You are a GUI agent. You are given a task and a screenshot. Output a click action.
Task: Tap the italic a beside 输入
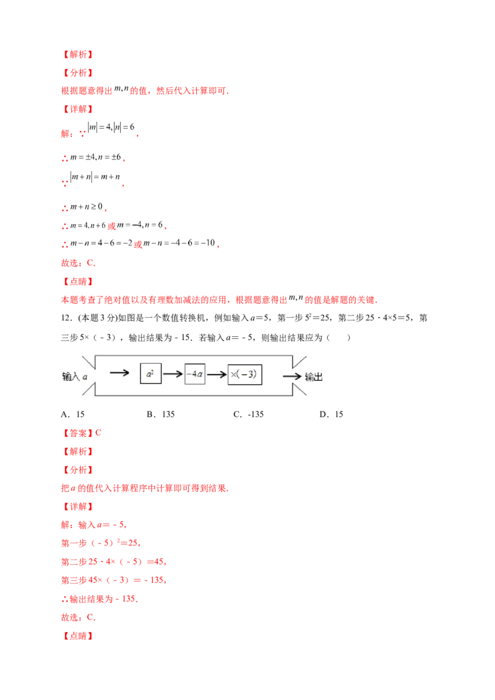(85, 376)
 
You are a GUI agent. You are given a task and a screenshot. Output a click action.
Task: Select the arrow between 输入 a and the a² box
(119, 373)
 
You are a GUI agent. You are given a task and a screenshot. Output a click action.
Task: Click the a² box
(150, 374)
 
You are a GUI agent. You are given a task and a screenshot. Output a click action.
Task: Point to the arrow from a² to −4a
(173, 374)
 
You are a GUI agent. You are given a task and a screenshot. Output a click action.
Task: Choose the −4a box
(195, 374)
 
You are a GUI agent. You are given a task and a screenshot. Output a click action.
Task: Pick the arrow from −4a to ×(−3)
(217, 374)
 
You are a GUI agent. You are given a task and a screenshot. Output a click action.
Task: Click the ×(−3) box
(244, 375)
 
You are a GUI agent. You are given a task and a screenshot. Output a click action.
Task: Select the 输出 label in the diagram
(314, 377)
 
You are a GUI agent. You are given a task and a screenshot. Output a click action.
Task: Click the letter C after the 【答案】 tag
(100, 433)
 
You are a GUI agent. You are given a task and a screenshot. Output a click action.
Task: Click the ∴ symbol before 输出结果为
(62, 599)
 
